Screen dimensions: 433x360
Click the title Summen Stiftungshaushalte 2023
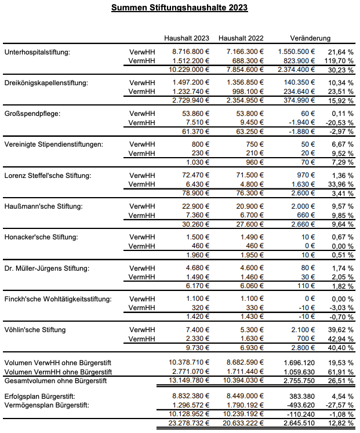tap(180, 8)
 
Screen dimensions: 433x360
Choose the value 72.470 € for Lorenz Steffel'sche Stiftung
tap(193, 174)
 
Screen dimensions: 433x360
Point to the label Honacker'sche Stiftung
tap(38, 237)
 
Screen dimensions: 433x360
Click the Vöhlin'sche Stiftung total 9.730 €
tap(195, 347)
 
